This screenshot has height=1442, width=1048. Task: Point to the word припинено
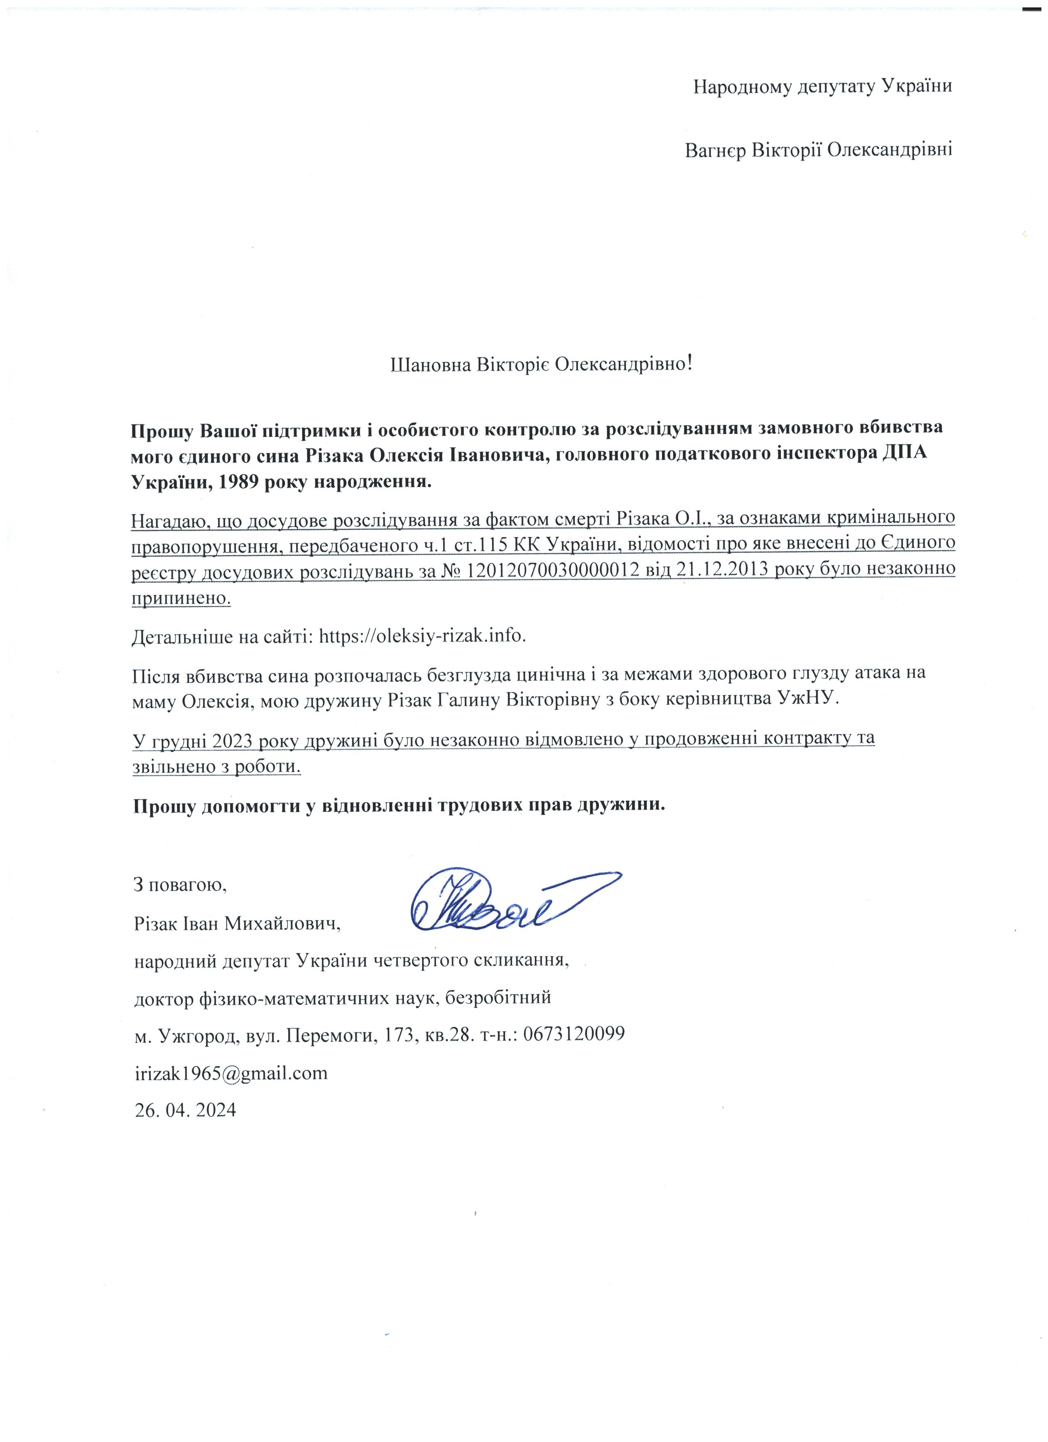(181, 598)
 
